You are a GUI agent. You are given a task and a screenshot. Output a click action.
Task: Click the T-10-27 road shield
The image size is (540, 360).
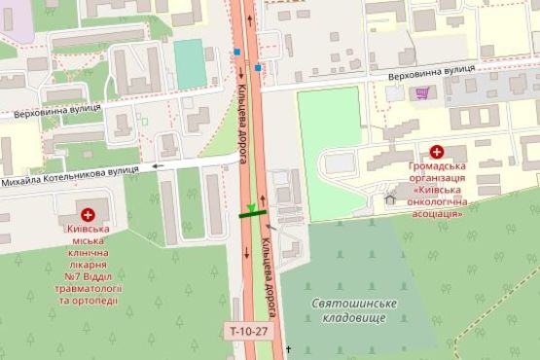[246, 331]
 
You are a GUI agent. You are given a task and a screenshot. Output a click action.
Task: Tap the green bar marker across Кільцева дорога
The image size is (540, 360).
[253, 214]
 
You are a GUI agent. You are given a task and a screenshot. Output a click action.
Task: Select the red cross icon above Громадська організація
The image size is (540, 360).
[437, 152]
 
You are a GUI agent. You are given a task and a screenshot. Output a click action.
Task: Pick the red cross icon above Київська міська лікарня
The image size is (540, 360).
[88, 213]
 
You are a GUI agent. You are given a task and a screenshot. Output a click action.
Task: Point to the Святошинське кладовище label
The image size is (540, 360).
[354, 311]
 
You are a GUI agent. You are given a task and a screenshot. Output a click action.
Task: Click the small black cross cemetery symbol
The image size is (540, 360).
[288, 347]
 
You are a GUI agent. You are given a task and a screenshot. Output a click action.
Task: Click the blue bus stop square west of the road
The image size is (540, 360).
[237, 52]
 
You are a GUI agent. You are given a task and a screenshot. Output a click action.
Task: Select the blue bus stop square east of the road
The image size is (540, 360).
[259, 67]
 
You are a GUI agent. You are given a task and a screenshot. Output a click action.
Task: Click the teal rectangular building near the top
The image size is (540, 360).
[190, 63]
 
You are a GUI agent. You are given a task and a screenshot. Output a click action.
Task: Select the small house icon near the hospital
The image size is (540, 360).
[391, 199]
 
